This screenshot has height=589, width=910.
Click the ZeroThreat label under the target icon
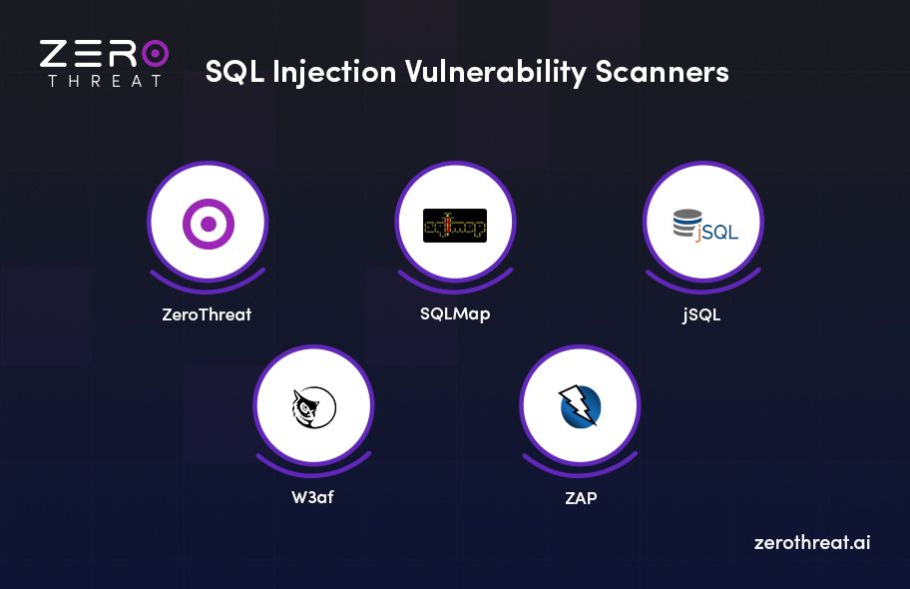207,314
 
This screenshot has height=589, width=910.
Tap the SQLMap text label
455,313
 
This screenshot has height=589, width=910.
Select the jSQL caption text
701,315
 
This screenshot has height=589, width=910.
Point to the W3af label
312,496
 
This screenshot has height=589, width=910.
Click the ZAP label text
580,496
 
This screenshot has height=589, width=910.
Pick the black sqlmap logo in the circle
455,226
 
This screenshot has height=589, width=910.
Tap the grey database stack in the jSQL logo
684,224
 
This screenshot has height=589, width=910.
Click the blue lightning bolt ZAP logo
580,406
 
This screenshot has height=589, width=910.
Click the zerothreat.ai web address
812,543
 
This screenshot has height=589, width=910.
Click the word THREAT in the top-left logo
104,81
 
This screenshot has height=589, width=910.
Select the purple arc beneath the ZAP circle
579,461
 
